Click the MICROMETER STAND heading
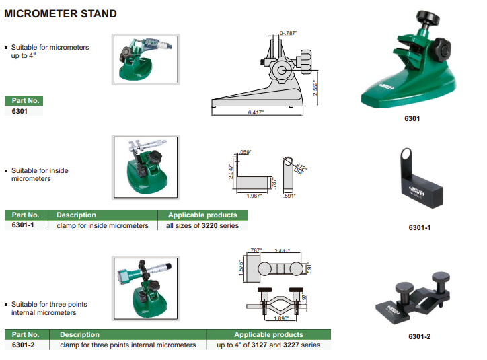[x=61, y=13]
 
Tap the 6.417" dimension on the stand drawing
[x=256, y=112]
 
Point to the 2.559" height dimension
[x=315, y=87]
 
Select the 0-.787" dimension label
[x=288, y=33]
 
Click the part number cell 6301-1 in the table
[x=23, y=225]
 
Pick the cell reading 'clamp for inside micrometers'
[x=102, y=226]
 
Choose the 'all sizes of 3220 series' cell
[x=202, y=226]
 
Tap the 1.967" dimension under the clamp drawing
[x=254, y=196]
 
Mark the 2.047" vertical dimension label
[x=231, y=172]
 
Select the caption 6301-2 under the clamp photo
[x=419, y=336]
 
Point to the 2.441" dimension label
[x=282, y=251]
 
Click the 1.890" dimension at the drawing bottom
[x=281, y=318]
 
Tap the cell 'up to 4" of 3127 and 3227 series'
[x=268, y=345]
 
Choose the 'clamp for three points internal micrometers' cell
[x=128, y=345]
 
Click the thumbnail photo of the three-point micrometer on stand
[x=146, y=289]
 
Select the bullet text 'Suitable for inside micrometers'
[x=40, y=174]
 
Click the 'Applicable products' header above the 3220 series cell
[x=202, y=215]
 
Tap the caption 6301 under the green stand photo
[x=412, y=118]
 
